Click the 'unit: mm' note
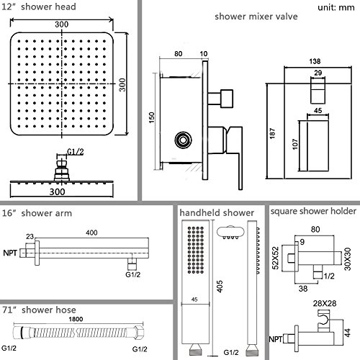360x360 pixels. (336, 7)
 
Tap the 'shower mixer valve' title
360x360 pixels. (256, 17)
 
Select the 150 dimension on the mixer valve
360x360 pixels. (152, 117)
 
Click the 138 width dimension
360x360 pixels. (315, 61)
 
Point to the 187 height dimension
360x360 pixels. (272, 133)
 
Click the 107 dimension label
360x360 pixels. (295, 144)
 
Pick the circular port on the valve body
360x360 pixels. (184, 140)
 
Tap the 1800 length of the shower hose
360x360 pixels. (76, 319)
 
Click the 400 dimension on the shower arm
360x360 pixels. (91, 233)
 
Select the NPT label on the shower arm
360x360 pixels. (10, 253)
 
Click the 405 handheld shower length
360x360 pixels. (220, 287)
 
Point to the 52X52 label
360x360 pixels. (276, 258)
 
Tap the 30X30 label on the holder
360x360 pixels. (348, 259)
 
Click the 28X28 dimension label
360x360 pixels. (325, 304)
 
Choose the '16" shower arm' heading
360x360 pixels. (37, 213)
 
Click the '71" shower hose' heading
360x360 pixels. (39, 310)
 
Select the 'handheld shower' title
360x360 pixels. (217, 213)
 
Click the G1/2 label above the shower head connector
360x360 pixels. (76, 152)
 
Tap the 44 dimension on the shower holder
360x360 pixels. (347, 333)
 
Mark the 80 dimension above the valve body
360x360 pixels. (178, 54)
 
